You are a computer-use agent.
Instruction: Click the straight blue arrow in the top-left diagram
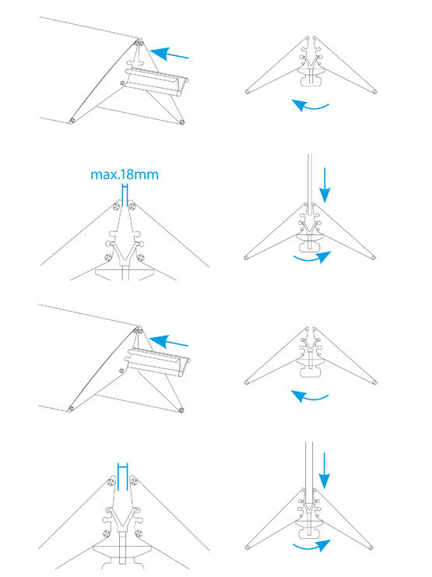click(x=169, y=54)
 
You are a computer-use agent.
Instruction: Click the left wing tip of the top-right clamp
click(x=248, y=92)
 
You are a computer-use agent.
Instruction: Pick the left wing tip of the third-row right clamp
click(x=248, y=382)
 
